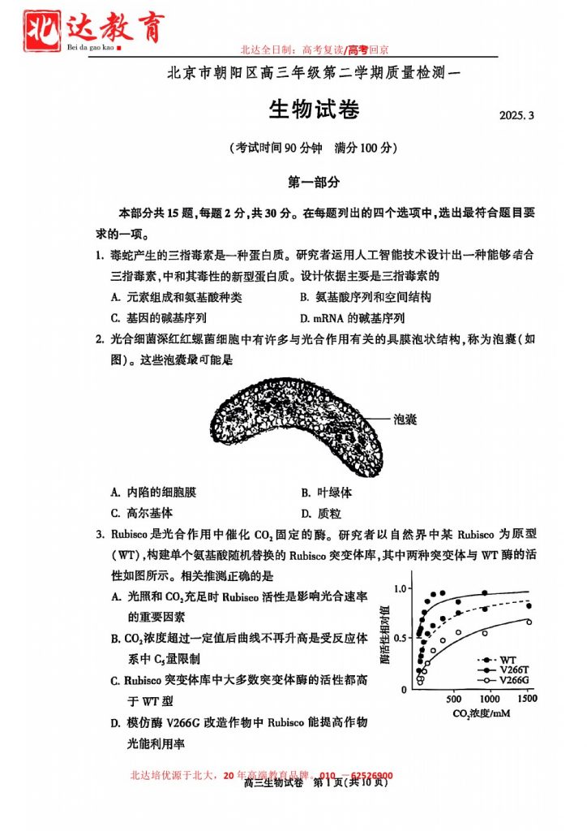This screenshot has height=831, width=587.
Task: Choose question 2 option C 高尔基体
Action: coord(142,513)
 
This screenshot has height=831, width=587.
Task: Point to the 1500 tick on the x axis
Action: coord(526,699)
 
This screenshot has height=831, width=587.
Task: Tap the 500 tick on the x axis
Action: coord(453,699)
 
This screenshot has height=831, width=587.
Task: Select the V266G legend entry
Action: coord(503,679)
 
